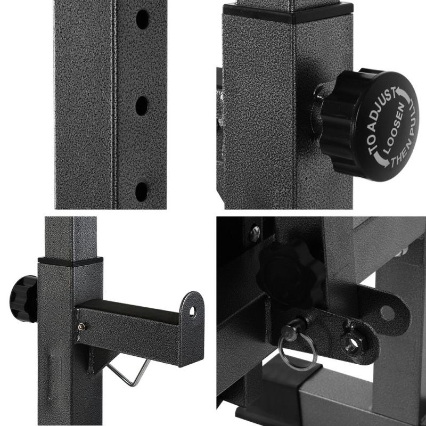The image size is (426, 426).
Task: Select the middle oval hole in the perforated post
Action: [x=142, y=106]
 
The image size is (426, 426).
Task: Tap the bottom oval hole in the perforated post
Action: [x=142, y=191]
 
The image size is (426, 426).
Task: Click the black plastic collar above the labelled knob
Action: [x=288, y=12]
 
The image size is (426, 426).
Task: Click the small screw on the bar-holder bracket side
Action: [x=81, y=326]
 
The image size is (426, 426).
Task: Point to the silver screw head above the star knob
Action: [x=255, y=232]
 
